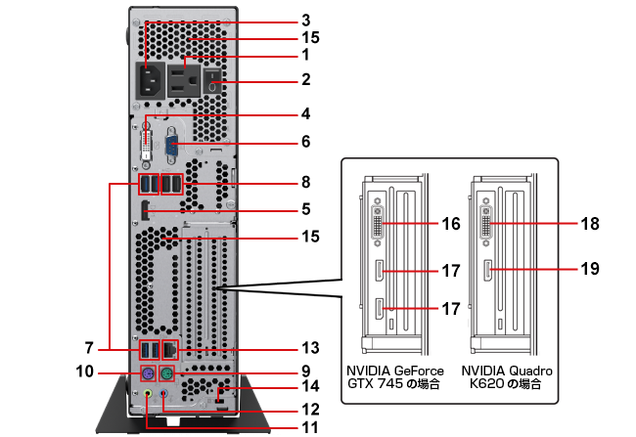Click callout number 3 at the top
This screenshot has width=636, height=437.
pyautogui.click(x=305, y=20)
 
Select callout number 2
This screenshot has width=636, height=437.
pyautogui.click(x=305, y=79)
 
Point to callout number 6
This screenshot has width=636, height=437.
pyautogui.click(x=305, y=142)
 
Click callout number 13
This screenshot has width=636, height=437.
pyautogui.click(x=310, y=347)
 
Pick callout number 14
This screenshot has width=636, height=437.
pyautogui.click(x=310, y=389)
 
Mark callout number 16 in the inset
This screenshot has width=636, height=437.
pyautogui.click(x=451, y=224)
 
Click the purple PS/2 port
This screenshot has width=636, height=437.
pyautogui.click(x=145, y=374)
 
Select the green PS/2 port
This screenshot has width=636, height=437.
pyautogui.click(x=167, y=374)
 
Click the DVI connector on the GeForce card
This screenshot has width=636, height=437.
pyautogui.click(x=378, y=225)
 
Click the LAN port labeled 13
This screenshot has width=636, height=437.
pyautogui.click(x=171, y=347)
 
